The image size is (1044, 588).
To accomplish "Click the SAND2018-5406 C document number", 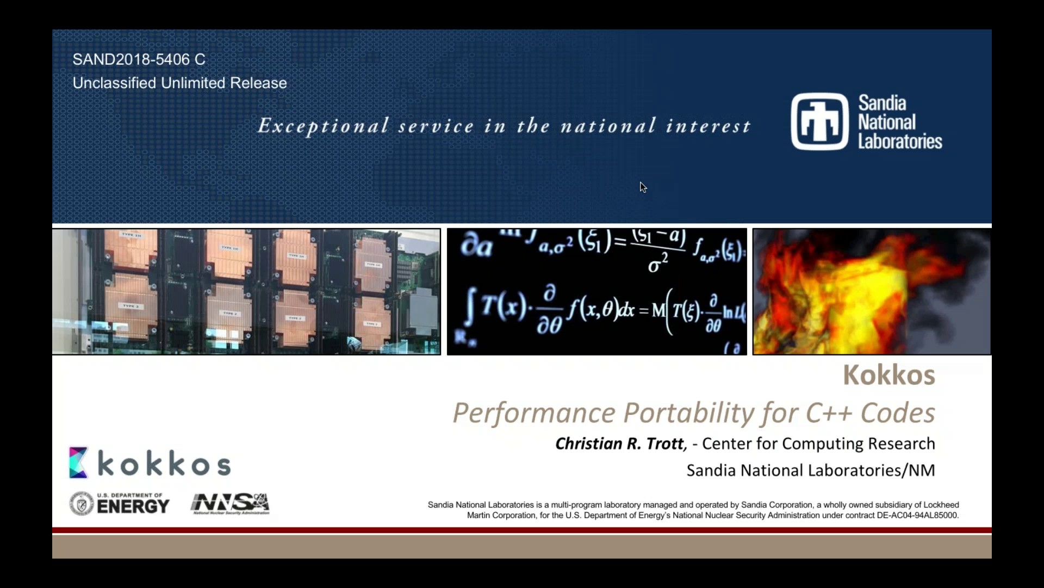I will coord(139,59).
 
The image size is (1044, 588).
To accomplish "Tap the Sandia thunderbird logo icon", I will coord(819,121).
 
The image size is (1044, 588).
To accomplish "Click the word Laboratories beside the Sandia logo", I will coord(900,142).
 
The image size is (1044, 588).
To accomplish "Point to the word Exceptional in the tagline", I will coord(324,126).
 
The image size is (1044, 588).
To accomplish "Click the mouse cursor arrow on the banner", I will coord(643,187).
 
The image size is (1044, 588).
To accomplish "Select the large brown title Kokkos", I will coord(888,375).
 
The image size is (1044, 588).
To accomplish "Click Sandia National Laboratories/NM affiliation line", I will coord(810,470).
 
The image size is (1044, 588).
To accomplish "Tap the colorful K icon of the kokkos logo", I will coord(78,463).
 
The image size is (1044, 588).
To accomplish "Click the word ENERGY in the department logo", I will coord(133,506).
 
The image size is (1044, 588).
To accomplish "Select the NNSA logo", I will coord(230,504).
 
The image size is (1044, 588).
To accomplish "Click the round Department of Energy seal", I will coord(82,504).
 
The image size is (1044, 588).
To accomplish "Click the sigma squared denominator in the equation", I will coord(657,264).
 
